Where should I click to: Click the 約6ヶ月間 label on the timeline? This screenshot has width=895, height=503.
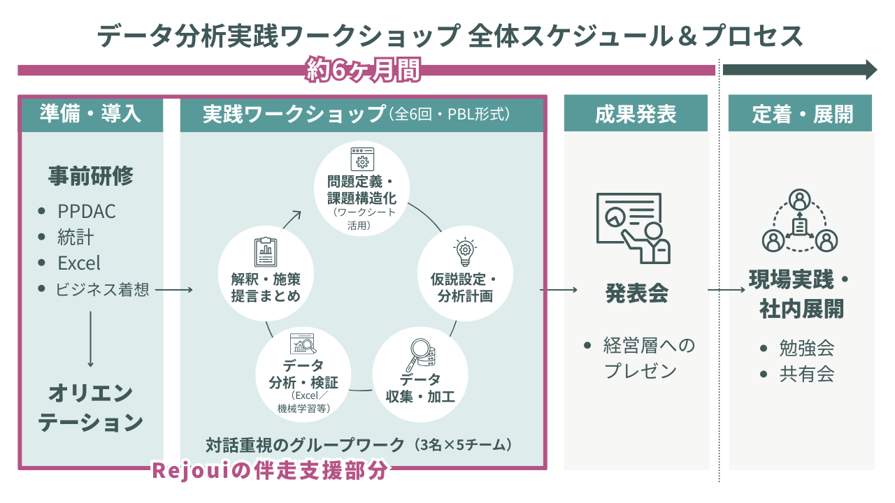[x=364, y=70]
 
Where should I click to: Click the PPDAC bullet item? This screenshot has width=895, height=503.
[x=86, y=211]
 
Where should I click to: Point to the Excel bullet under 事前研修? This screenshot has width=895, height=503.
[x=78, y=263]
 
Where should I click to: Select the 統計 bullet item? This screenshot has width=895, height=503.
[x=76, y=237]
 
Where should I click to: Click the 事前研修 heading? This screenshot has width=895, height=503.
[x=91, y=176]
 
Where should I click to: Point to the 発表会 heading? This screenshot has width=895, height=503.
[x=636, y=293]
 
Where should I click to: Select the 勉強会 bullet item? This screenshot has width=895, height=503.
[x=806, y=348]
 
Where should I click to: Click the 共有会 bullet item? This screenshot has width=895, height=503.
[x=806, y=374]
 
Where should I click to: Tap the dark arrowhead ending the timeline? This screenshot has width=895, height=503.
[x=871, y=70]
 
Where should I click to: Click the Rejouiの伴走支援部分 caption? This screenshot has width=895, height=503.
[x=269, y=470]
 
